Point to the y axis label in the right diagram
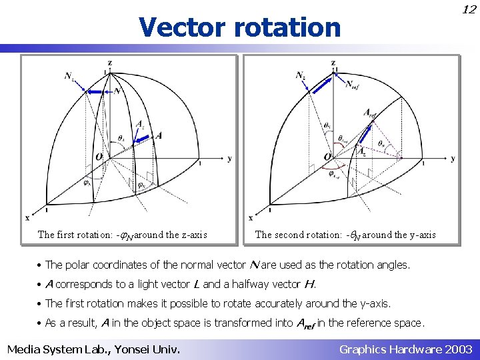click(453, 159)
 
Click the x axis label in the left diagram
click(27, 217)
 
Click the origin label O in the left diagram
click(99, 157)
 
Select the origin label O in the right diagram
click(327, 157)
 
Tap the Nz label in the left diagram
click(69, 76)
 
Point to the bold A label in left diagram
click(159, 135)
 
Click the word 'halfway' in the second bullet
click(261, 284)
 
